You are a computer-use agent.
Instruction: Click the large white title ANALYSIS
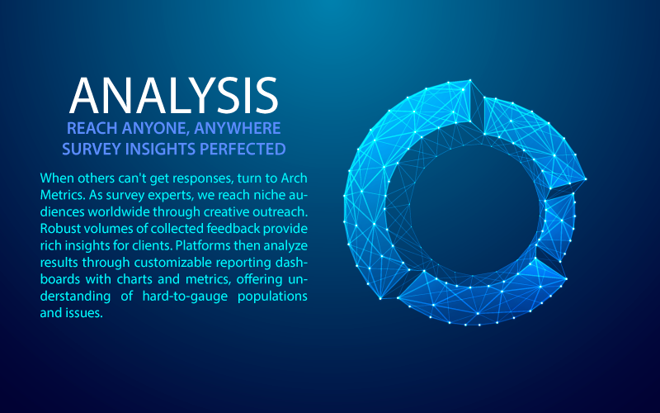[174, 95]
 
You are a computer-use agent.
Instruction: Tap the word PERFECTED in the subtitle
[243, 150]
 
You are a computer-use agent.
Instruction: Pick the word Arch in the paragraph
[295, 178]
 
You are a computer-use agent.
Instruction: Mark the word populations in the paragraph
[273, 297]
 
